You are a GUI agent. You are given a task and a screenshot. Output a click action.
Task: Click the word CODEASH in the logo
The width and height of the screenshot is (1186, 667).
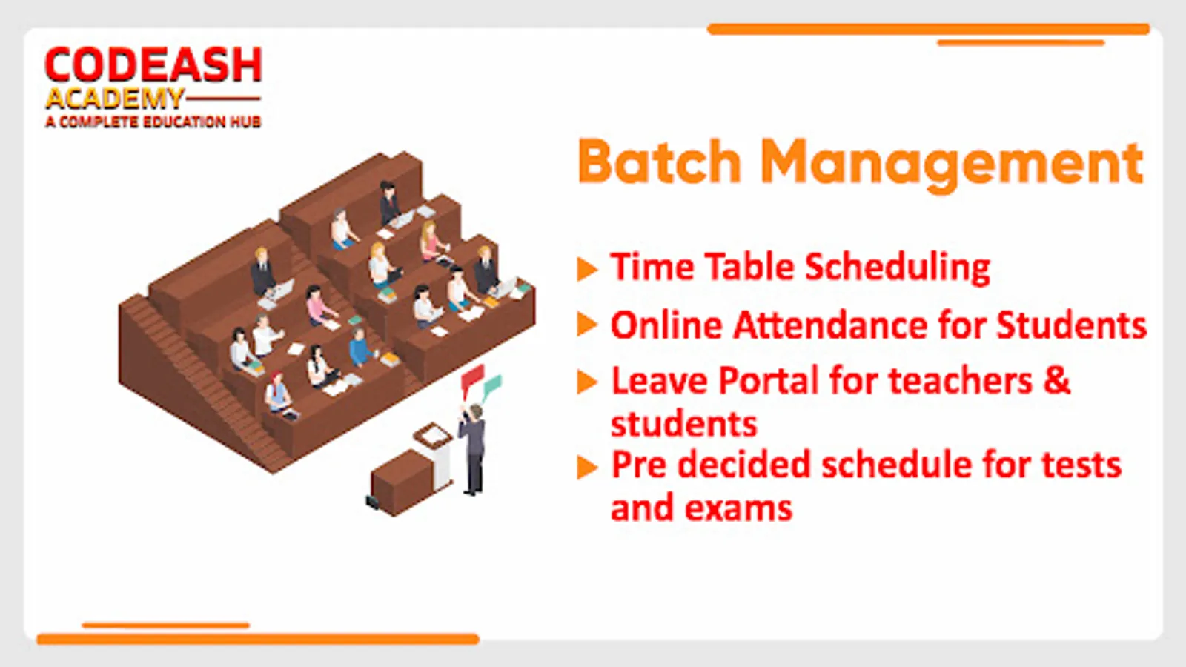153,64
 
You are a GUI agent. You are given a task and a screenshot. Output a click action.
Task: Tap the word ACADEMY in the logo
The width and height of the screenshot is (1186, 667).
115,99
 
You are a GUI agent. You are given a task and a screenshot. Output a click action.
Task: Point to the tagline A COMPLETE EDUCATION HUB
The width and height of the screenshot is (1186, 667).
153,122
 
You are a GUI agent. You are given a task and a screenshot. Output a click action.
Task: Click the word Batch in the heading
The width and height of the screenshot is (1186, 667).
659,162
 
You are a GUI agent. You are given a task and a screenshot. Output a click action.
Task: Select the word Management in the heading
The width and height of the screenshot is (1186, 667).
952,165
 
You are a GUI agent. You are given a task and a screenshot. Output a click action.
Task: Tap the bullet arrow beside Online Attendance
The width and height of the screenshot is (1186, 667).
587,325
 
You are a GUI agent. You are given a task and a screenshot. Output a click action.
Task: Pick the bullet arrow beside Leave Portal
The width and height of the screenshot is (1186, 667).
587,382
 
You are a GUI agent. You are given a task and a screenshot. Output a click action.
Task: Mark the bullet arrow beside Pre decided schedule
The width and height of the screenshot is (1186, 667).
587,467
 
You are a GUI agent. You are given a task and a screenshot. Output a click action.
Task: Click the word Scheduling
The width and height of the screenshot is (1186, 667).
898,268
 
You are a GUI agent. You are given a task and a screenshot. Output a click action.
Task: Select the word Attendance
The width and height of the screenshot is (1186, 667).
829,325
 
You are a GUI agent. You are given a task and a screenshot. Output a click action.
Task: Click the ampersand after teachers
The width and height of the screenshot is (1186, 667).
1057,381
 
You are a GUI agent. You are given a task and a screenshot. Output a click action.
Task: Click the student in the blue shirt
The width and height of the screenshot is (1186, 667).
361,348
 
